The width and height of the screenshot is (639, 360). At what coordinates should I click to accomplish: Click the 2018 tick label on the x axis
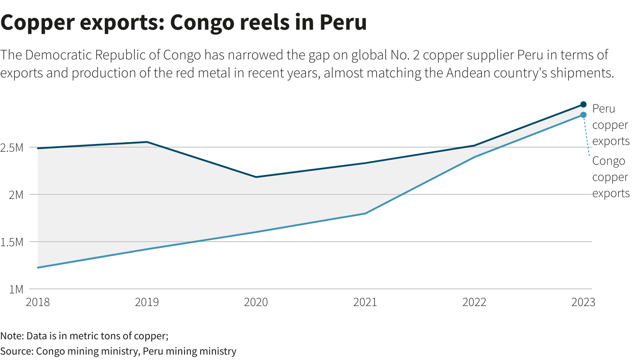[x=38, y=302]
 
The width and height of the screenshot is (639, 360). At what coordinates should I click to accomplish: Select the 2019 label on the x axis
[x=147, y=302]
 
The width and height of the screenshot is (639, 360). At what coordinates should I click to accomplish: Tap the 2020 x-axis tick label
[x=256, y=302]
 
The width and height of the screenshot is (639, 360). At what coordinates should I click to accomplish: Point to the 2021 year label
[x=365, y=302]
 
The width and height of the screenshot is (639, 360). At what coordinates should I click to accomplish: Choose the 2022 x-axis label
[x=474, y=302]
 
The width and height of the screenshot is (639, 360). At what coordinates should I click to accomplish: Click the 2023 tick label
[x=583, y=302]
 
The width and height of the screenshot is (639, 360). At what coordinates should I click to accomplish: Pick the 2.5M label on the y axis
[x=12, y=148]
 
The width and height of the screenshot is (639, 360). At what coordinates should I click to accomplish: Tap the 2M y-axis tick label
[x=16, y=195]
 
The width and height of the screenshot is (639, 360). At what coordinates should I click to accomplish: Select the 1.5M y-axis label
[x=12, y=242]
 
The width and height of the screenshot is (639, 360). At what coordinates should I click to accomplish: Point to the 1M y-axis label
[x=16, y=289]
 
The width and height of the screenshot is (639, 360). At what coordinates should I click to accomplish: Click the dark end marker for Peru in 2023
[x=583, y=104]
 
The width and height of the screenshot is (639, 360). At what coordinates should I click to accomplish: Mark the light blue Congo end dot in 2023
[x=583, y=115]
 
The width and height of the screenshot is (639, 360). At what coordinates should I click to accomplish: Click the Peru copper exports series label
[x=611, y=125]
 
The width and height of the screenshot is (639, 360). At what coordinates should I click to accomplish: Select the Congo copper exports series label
[x=611, y=177]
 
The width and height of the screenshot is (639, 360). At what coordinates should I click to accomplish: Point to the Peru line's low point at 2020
[x=256, y=177]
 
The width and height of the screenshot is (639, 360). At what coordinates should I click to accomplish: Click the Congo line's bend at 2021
[x=365, y=213]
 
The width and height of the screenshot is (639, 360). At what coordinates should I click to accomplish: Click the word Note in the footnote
[x=12, y=336]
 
